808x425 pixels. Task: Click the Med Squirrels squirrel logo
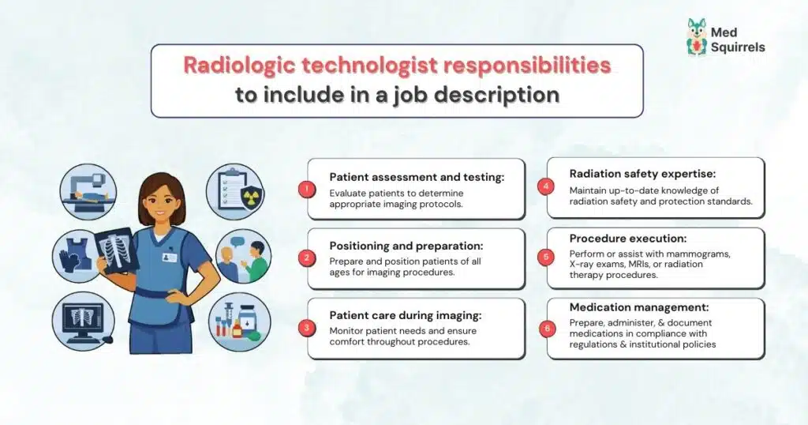click(x=697, y=37)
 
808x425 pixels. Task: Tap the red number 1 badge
click(x=308, y=190)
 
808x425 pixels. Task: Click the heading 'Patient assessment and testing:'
click(x=406, y=177)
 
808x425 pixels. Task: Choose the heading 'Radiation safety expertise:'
click(x=642, y=174)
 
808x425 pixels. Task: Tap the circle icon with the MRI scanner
click(x=88, y=192)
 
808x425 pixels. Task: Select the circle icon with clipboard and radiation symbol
click(x=234, y=192)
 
